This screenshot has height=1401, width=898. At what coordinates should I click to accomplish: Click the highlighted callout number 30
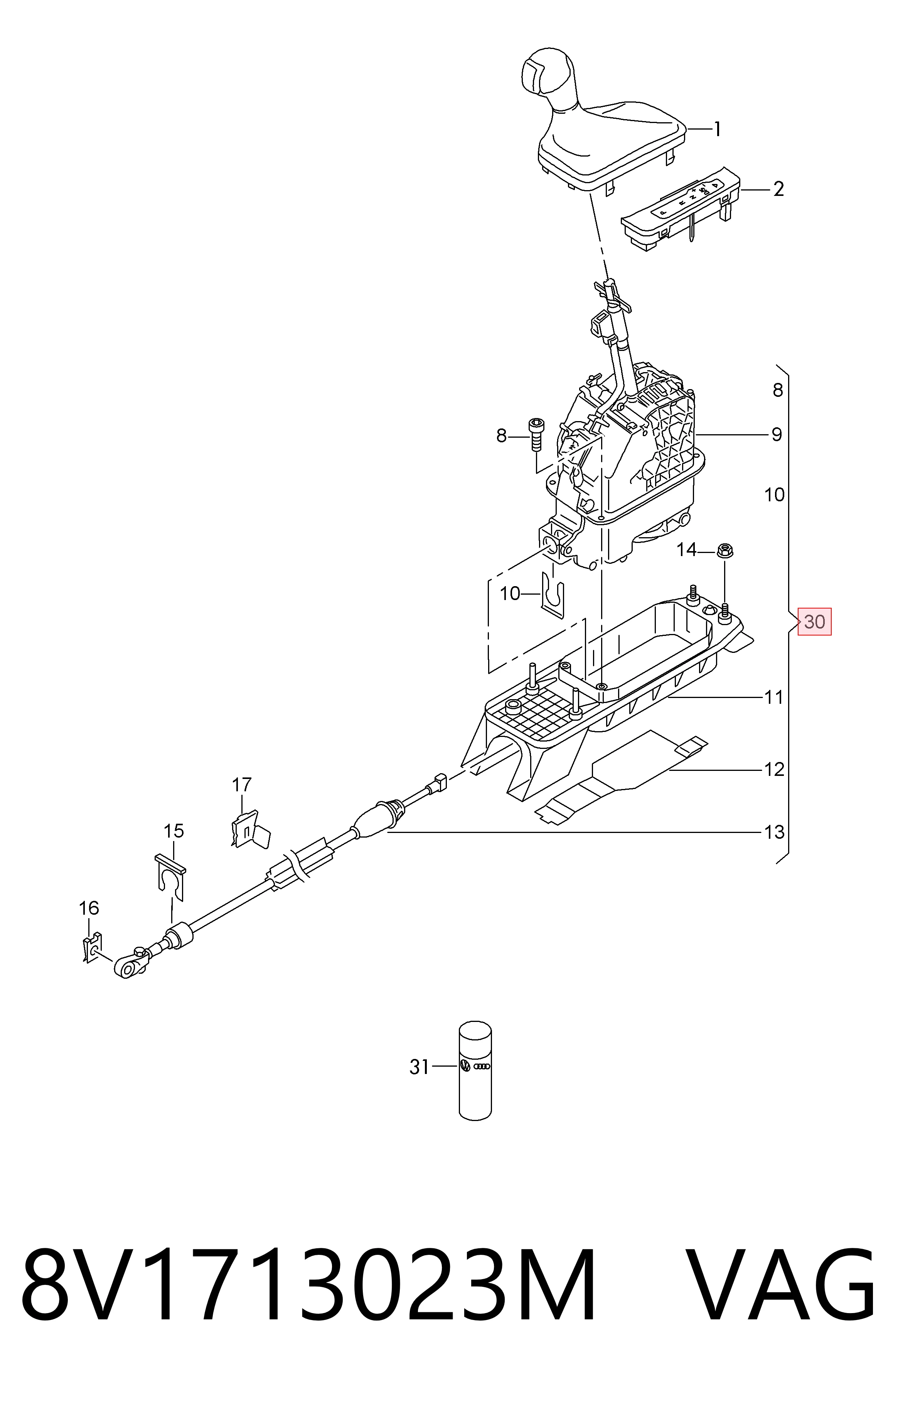pyautogui.click(x=814, y=622)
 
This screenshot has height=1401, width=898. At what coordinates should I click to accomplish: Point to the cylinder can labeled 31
pyautogui.click(x=475, y=1071)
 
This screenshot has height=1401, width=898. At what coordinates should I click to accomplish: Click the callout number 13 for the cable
pyautogui.click(x=774, y=832)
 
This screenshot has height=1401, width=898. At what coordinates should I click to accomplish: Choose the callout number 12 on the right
pyautogui.click(x=774, y=770)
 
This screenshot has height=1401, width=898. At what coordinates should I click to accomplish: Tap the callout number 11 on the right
pyautogui.click(x=774, y=697)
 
